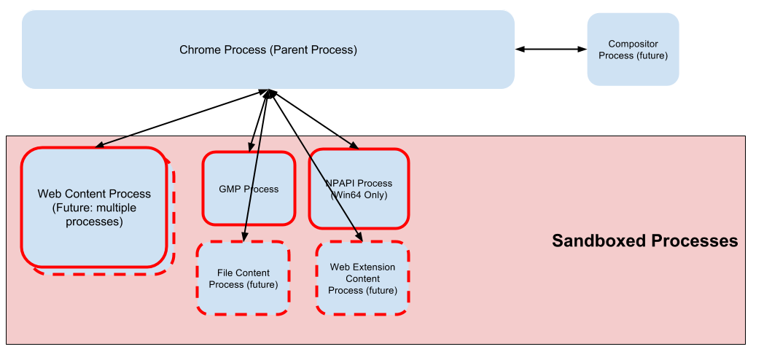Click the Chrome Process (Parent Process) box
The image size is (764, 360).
268,50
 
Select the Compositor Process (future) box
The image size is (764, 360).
633,50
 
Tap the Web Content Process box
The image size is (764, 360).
94,208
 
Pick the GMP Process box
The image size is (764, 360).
249,189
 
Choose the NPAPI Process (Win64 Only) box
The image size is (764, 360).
359,189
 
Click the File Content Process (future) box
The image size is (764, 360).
243,278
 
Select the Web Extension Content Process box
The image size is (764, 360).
362,278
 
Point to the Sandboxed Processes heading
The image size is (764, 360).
644,241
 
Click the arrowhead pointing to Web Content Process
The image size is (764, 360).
100,144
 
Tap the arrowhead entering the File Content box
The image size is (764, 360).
244,238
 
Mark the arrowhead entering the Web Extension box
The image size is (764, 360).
359,237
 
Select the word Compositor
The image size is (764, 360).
633,44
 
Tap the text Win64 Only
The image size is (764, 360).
359,195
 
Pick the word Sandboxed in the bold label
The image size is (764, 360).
593,241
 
